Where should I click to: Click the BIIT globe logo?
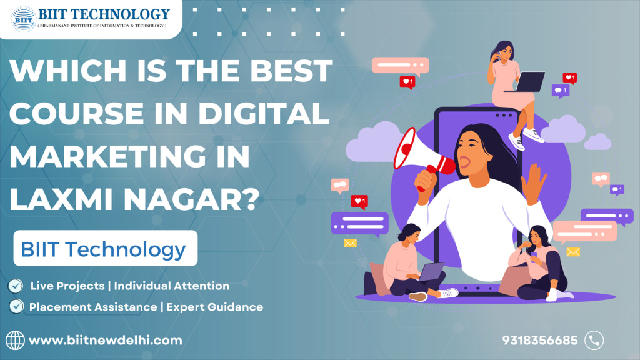(x=23, y=19)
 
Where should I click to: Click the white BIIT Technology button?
(x=105, y=248)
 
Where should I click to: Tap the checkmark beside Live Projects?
(x=16, y=286)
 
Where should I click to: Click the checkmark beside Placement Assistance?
(x=16, y=306)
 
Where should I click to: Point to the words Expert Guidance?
(x=215, y=307)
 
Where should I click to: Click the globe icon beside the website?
(x=15, y=341)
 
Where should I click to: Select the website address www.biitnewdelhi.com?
(x=105, y=341)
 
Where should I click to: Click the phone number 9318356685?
(x=539, y=341)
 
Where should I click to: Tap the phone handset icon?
(x=594, y=341)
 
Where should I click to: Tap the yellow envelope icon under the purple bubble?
(x=350, y=243)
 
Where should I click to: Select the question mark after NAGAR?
(x=247, y=199)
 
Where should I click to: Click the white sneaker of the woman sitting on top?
(x=533, y=135)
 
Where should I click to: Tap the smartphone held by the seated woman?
(x=534, y=255)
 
